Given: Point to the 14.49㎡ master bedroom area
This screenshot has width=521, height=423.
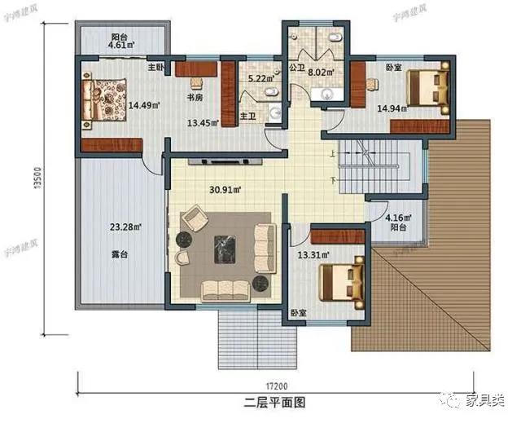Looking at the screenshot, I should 143,104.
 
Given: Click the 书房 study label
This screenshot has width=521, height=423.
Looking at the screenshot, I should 195,98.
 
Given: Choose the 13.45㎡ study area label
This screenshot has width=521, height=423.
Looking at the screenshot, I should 200,123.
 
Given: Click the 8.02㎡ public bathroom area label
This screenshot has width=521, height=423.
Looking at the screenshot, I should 331,72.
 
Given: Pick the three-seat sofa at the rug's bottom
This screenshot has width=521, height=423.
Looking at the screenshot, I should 225,288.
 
